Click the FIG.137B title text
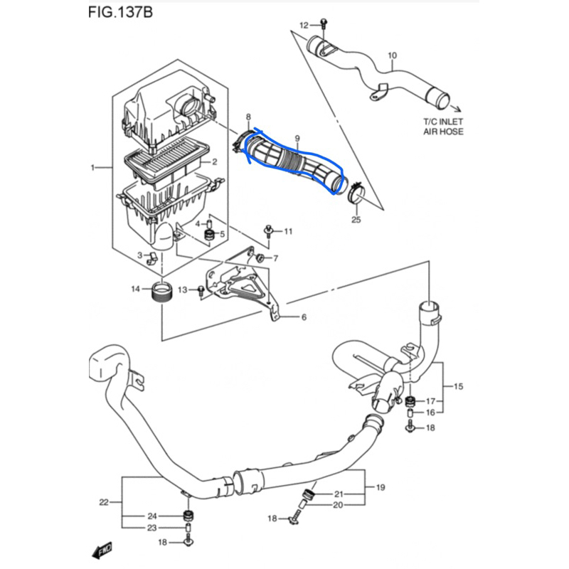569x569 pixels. click(120, 12)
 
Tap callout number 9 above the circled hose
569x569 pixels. click(297, 138)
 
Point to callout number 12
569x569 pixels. click(304, 25)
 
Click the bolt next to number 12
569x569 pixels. click(324, 23)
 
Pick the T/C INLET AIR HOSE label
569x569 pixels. click(443, 127)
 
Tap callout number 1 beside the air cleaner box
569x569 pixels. click(92, 168)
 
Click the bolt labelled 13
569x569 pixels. click(201, 291)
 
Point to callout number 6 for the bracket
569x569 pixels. click(304, 317)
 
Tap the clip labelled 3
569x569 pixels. click(151, 258)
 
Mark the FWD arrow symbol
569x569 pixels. click(102, 550)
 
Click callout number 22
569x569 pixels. click(104, 502)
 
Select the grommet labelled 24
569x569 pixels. click(188, 515)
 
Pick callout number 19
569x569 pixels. click(381, 487)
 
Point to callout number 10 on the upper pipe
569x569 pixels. click(393, 55)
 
